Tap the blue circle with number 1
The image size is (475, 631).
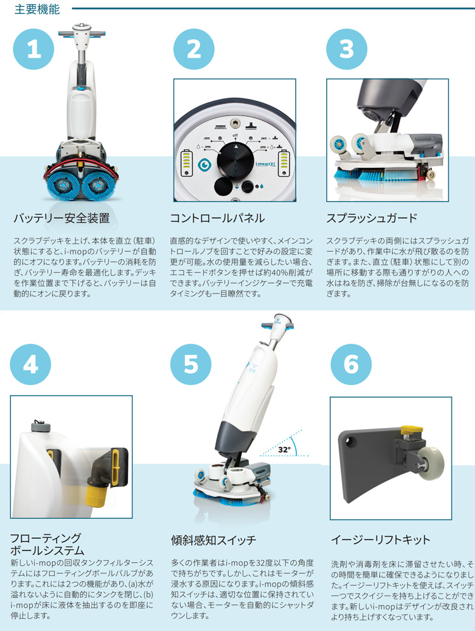(34, 49)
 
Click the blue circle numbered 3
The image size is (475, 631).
(346, 49)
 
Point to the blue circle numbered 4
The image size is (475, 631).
(30, 364)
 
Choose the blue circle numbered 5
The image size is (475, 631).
(191, 364)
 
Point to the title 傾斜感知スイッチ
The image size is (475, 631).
(213, 540)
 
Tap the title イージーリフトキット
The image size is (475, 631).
(380, 540)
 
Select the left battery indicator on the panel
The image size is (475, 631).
(188, 163)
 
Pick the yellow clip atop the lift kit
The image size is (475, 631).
(412, 432)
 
